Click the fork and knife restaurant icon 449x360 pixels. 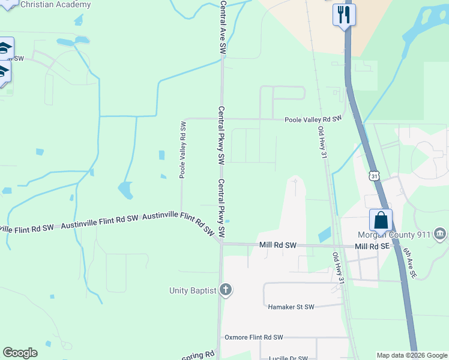click(x=344, y=14)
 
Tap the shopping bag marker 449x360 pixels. click(x=381, y=220)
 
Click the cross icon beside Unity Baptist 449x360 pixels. click(x=226, y=290)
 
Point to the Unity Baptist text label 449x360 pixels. click(x=192, y=291)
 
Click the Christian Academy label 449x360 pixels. click(x=56, y=5)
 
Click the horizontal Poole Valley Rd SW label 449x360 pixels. click(x=313, y=119)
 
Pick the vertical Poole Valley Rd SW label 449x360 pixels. click(x=182, y=150)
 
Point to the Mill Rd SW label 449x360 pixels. click(x=278, y=245)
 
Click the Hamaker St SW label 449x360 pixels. click(x=291, y=307)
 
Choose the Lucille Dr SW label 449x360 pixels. click(x=292, y=356)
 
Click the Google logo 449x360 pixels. click(x=20, y=353)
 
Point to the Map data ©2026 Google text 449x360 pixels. click(x=412, y=355)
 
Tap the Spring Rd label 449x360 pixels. click(x=198, y=356)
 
